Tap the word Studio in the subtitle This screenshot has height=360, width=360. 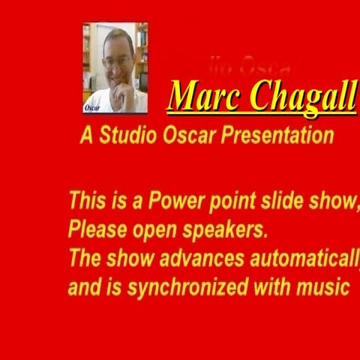point(128,136)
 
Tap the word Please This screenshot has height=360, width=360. point(94,228)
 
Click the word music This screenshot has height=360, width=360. point(324,286)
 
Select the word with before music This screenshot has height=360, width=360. point(271,286)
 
